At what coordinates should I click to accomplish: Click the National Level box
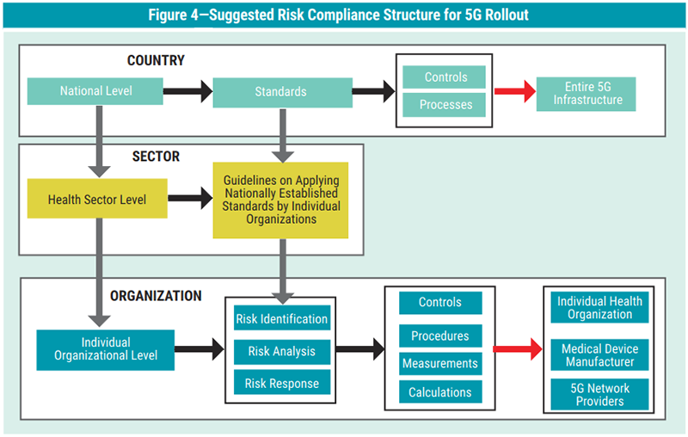[95, 91]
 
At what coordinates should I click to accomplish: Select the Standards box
[280, 91]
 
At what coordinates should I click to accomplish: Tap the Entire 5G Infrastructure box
[586, 95]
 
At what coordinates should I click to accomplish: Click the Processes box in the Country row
[445, 105]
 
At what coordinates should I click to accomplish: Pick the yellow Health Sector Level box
[96, 200]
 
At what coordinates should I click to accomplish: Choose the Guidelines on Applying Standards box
[281, 200]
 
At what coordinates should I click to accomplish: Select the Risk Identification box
[281, 319]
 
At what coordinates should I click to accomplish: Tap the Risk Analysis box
[281, 351]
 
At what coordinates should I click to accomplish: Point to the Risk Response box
[281, 384]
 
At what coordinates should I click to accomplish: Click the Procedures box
[439, 335]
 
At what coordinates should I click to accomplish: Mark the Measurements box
[439, 364]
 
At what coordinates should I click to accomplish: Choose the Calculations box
[439, 392]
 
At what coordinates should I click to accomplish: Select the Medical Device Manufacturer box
[599, 355]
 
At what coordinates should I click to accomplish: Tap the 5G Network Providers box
[599, 395]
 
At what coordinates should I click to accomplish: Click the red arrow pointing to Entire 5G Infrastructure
[513, 91]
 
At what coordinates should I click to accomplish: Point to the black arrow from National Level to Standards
[187, 91]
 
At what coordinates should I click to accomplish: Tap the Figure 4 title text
[344, 15]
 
